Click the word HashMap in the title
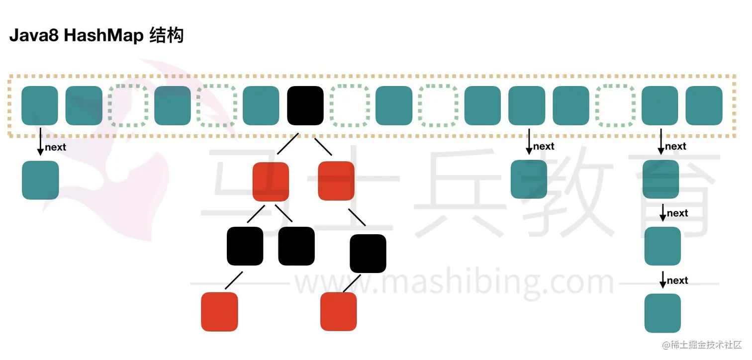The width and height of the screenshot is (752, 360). pos(104,36)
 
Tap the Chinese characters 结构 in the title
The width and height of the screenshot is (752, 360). pos(167,36)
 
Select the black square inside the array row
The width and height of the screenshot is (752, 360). pos(305,105)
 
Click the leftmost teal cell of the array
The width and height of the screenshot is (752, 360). pos(40,105)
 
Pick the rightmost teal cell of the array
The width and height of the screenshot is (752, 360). pos(704,105)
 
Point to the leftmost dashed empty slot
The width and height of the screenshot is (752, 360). pos(128,105)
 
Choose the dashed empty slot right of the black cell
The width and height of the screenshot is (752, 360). pos(350,105)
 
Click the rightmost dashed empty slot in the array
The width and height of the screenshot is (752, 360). pos(615,105)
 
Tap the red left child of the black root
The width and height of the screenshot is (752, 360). pos(271,181)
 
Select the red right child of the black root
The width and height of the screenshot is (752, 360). pos(336,180)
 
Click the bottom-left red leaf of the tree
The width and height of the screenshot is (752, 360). pos(219,311)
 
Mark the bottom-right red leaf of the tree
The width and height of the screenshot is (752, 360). pos(339,311)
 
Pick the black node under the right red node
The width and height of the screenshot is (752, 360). pos(368,254)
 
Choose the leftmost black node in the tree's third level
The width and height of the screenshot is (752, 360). pos(245,246)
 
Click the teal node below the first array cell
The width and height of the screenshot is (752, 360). pos(40,180)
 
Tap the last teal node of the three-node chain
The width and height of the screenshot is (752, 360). pos(662,313)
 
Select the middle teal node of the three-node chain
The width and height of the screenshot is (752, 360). pos(662,246)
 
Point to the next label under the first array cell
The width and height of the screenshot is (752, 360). pos(55,147)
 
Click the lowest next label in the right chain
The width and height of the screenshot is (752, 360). pos(677,280)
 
